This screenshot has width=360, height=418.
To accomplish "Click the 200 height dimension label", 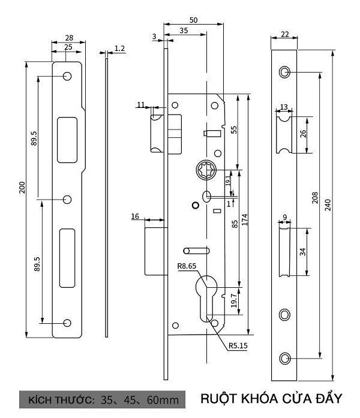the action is coord(22,187).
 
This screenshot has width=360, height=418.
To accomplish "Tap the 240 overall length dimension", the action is coord(328,205).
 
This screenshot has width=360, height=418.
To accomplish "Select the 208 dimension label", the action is coord(315,197).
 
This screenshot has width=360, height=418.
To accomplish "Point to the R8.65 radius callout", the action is coord(187,266).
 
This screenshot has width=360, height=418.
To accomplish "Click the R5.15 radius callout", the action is coord(238,345).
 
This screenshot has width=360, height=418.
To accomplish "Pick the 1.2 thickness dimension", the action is coord(119,48).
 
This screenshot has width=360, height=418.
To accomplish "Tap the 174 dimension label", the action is coord(245,219).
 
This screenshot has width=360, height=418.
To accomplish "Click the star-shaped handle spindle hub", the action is coord(206,170).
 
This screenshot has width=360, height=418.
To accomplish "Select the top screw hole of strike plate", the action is coord(67,76).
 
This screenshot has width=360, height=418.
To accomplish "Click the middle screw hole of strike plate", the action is coord(67,199).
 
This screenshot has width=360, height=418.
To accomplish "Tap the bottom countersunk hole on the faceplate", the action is coord(284,358).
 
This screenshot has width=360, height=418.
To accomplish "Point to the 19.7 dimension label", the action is coord(234,300).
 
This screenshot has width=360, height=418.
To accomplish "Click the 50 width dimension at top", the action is coord(194,20).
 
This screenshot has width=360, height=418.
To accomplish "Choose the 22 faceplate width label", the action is coord(284,34).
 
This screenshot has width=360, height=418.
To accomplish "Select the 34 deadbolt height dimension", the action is coord(302,252).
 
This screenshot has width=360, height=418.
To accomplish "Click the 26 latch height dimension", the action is coord(303,134).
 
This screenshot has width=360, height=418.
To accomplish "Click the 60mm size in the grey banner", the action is coord(163,400).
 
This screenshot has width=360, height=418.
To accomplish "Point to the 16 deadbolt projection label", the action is coord(135,216).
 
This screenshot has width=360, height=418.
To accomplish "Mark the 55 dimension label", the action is coord(233,130).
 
